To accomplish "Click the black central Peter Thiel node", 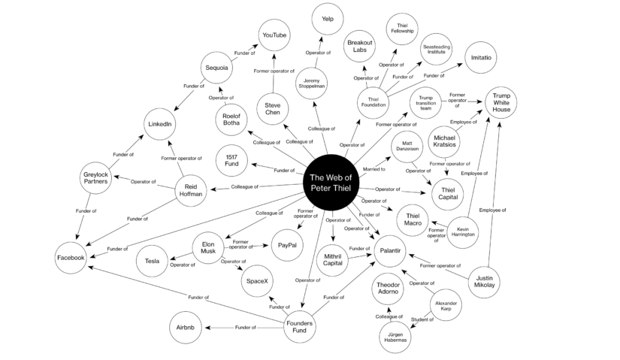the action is [331, 182].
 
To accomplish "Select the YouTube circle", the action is [274, 35].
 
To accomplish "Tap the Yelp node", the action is [328, 19].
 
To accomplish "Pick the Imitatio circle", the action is [481, 58].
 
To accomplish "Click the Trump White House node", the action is [501, 102].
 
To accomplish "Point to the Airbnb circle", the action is [186, 328].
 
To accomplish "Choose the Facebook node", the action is [71, 258].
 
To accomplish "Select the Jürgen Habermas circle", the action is [395, 337].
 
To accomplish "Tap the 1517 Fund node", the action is [231, 161].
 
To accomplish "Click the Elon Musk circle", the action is [208, 248].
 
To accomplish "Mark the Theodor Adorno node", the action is [388, 289].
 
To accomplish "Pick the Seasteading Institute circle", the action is [436, 50].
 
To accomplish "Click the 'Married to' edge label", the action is [374, 169].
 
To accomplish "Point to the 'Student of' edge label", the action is [422, 319].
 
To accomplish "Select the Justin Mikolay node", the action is [484, 282].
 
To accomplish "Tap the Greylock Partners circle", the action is [95, 178].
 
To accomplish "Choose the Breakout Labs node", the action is [360, 47].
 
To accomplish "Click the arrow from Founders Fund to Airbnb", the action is [244, 328].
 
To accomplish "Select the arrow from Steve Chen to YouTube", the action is [274, 73].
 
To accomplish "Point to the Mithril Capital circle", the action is [332, 260].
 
